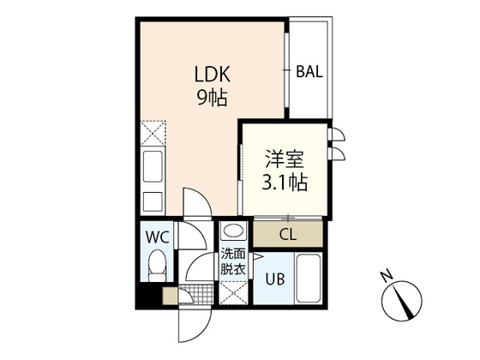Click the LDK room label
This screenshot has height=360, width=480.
(213, 74)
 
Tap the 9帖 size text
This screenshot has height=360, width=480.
(213, 98)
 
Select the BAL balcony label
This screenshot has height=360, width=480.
(309, 72)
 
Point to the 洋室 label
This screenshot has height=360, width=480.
(285, 159)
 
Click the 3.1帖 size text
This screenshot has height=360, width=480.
(285, 182)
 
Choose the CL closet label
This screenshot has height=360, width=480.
(288, 235)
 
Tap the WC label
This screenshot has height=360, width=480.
(158, 237)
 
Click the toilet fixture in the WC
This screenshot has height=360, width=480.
(157, 265)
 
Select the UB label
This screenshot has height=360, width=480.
(275, 279)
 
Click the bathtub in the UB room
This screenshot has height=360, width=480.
(309, 278)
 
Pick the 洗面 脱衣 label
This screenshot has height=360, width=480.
(233, 261)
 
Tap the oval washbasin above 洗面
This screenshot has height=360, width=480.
(233, 231)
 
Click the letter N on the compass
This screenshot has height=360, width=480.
(387, 276)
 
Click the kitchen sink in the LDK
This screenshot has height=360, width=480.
(153, 166)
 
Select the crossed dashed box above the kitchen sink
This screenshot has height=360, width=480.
(153, 133)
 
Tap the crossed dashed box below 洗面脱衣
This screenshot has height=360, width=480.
(233, 292)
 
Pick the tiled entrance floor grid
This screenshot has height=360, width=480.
(196, 294)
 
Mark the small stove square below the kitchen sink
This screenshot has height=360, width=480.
(153, 201)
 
